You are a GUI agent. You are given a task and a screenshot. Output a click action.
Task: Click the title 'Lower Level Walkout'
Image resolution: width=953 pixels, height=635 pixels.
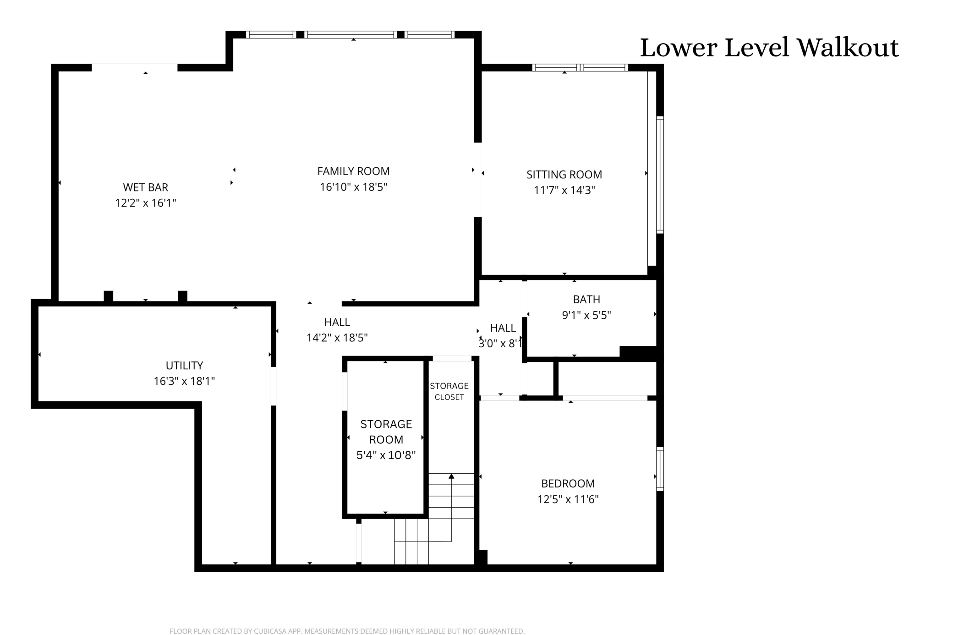(769, 48)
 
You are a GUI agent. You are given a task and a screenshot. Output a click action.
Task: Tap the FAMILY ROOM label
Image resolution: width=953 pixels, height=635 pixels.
(353, 171)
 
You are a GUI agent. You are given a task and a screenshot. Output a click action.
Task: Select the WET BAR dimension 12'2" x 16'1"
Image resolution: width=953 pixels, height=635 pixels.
(145, 203)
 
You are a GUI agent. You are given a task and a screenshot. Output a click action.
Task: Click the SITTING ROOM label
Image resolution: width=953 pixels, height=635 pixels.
(564, 175)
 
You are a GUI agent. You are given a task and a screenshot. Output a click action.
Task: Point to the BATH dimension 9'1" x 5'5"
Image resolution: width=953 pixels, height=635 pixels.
(586, 315)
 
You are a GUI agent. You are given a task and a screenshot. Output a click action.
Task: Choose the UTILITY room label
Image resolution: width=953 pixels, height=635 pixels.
(184, 366)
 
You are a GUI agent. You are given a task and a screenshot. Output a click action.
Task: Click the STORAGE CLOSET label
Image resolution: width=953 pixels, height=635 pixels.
(449, 391)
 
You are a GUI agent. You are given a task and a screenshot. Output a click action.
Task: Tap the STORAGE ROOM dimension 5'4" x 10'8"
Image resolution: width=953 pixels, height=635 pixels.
(386, 455)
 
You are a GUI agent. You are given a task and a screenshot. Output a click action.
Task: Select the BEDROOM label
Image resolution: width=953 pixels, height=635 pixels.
(568, 483)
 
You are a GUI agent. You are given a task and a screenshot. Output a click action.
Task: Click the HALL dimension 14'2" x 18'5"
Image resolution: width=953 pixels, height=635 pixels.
(337, 338)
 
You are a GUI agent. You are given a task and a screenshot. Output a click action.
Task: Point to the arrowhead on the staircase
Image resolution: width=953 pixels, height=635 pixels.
(451, 476)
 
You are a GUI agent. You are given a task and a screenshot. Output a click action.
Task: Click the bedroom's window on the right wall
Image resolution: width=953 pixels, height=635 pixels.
(660, 469)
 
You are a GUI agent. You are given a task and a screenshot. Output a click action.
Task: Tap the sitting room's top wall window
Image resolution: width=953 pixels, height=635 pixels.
(580, 68)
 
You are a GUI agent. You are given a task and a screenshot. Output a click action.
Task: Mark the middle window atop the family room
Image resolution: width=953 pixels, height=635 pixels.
(351, 34)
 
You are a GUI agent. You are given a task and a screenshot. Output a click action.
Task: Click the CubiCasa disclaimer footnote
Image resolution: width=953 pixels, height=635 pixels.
(347, 631)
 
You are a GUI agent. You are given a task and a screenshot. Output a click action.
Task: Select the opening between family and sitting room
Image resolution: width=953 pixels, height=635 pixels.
(477, 180)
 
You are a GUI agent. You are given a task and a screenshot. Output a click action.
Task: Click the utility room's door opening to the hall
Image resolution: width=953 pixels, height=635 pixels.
(274, 386)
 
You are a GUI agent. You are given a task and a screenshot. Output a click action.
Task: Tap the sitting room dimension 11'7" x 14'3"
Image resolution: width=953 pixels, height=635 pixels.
(564, 190)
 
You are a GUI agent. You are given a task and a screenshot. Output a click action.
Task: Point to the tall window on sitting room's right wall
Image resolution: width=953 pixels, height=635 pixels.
(660, 175)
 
